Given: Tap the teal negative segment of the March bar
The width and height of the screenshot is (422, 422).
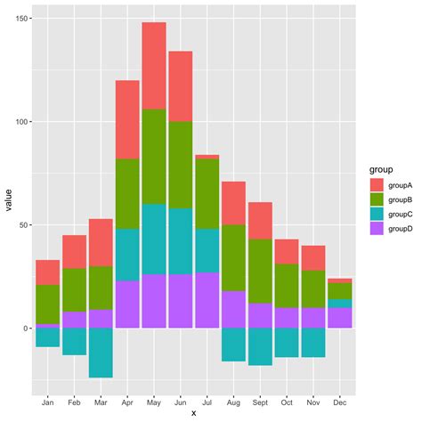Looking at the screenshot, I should click(x=101, y=353).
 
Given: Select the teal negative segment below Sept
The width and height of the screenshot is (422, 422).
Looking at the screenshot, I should click(x=260, y=346).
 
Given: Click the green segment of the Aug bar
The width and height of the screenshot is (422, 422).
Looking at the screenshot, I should click(x=233, y=257).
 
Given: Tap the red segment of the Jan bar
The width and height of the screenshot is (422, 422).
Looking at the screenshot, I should click(x=47, y=272).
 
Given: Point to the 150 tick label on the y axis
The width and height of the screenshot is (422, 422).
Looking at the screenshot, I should click(x=20, y=19).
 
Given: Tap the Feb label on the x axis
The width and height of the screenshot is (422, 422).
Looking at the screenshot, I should click(x=74, y=402).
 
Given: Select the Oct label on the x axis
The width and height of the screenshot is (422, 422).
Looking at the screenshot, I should click(x=287, y=402).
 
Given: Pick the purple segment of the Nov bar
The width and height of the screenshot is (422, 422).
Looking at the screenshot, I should click(x=313, y=318).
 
